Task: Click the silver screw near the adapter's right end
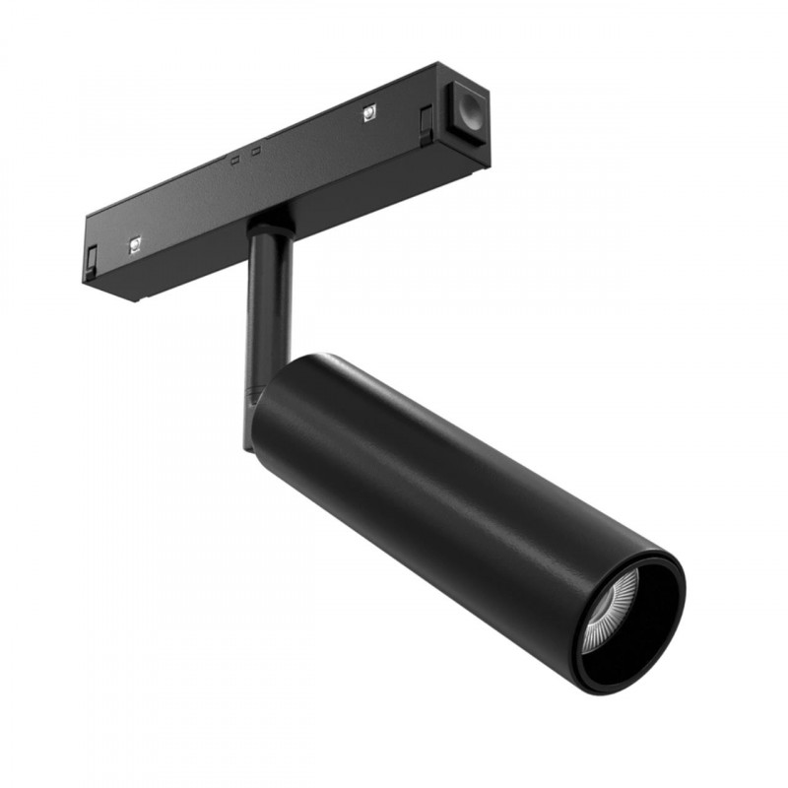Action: point(367,112)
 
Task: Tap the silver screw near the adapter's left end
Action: point(135,243)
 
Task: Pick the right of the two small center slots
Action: point(255,151)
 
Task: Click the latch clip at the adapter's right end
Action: point(426,123)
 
